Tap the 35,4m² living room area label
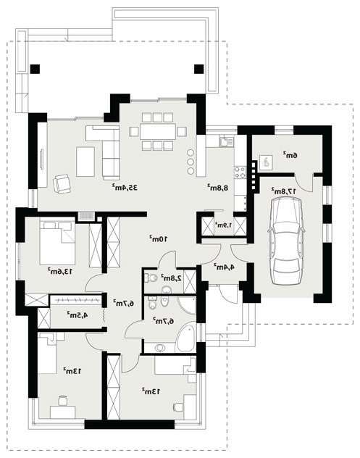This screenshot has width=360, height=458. (x=125, y=187)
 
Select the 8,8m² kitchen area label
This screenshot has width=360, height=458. (x=217, y=187)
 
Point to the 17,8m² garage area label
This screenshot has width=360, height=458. (x=285, y=191)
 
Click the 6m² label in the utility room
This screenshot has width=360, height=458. (x=290, y=155)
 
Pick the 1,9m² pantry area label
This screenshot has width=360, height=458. (x=224, y=225)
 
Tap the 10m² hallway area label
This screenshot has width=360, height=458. (x=159, y=238)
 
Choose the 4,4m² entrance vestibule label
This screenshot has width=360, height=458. (x=225, y=267)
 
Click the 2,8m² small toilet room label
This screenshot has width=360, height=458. (x=171, y=278)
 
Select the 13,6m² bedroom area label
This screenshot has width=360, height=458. (x=60, y=271)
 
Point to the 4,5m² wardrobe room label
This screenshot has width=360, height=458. (x=78, y=315)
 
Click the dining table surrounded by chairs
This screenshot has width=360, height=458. (x=158, y=131)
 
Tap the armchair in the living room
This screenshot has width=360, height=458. (x=62, y=184)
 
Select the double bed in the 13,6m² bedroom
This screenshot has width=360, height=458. (x=57, y=242)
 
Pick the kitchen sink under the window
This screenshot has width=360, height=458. (x=226, y=141)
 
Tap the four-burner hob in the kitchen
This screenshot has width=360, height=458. (x=240, y=172)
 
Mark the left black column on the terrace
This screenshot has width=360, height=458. (x=35, y=69)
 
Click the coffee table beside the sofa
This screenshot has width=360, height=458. (x=85, y=162)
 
